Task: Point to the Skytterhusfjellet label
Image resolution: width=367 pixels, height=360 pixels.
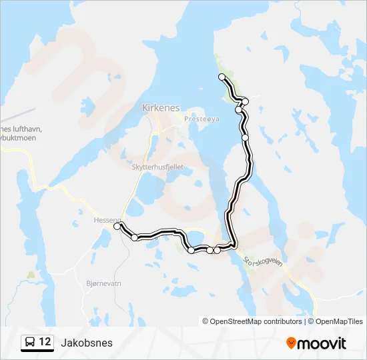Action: tap(157, 168)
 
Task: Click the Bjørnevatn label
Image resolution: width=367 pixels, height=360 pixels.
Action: tap(104, 283)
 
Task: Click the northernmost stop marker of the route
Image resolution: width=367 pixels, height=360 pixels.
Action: tap(222, 77)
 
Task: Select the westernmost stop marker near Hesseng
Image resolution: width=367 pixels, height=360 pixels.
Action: tap(117, 227)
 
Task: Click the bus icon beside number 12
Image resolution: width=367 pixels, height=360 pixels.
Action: tap(30, 343)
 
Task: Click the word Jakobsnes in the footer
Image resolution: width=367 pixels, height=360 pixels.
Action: tap(87, 343)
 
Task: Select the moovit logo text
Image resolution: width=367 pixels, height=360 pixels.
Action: tap(322, 343)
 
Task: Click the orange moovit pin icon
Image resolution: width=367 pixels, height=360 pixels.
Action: tap(292, 343)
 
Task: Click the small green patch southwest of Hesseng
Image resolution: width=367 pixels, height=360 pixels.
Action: tap(31, 274)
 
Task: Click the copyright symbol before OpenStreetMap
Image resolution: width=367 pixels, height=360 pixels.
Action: tap(206, 321)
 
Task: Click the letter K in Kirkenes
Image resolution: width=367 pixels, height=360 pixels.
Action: tap(145, 107)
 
